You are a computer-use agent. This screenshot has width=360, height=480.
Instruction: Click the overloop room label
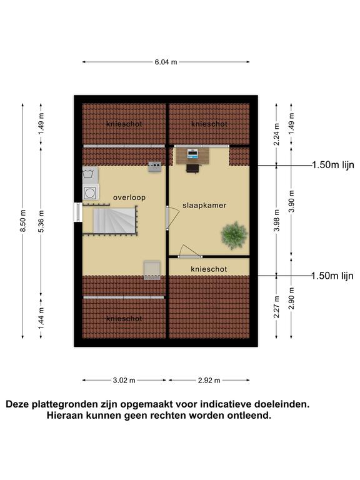tap(129, 197)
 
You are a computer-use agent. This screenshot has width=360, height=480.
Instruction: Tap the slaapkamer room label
tap(204, 206)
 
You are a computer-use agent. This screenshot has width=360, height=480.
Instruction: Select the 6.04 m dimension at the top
tap(166, 62)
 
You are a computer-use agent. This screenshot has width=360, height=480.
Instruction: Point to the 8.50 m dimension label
tap(23, 221)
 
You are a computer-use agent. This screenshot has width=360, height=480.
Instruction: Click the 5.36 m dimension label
tap(41, 221)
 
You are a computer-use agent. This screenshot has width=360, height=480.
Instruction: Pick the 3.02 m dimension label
tap(124, 381)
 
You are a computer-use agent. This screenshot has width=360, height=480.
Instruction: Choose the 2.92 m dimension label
tap(209, 381)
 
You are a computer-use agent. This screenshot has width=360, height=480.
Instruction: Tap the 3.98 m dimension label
tap(277, 221)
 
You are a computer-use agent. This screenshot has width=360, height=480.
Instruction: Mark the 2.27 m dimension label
tap(277, 307)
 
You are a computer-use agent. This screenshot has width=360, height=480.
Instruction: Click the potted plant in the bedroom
tap(234, 235)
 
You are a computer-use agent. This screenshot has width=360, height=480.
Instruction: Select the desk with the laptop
tap(193, 156)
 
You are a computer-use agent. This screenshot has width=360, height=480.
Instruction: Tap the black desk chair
tap(192, 168)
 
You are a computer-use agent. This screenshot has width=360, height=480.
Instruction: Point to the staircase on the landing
tap(114, 221)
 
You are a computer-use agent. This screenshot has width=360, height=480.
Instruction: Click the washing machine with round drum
tap(91, 192)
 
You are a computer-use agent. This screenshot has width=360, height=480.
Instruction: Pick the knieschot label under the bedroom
tap(209, 269)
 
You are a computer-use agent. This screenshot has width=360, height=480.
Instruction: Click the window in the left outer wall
tap(77, 212)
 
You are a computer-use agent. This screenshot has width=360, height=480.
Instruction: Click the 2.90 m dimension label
tap(291, 299)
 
